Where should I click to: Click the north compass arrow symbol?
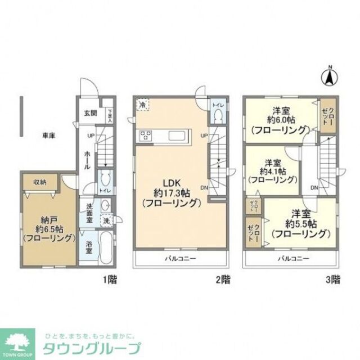[x=330, y=77]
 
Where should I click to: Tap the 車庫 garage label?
[x=48, y=135]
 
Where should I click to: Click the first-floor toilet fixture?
[x=104, y=181]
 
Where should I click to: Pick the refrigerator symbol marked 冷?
[x=143, y=105]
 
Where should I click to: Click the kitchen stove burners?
[x=146, y=135]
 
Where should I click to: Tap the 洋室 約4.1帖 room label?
[x=273, y=170]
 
